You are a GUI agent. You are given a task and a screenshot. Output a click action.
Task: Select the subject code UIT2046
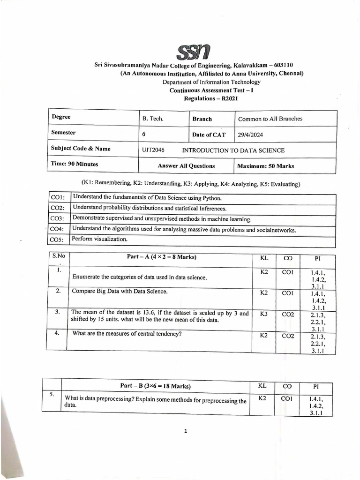click(153, 150)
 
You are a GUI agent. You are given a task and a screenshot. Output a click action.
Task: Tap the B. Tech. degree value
click(153, 119)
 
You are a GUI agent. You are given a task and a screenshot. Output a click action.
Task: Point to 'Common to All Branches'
click(270, 119)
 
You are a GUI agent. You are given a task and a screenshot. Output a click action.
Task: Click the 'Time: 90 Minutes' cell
click(75, 164)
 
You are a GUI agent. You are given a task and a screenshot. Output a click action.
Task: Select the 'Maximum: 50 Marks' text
click(266, 166)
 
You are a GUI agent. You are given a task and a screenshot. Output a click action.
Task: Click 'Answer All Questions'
click(186, 166)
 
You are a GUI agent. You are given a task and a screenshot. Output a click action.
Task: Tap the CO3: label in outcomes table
click(57, 219)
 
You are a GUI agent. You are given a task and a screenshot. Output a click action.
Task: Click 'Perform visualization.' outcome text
click(100, 239)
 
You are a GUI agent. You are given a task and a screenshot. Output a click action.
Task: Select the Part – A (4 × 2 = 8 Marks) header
click(161, 257)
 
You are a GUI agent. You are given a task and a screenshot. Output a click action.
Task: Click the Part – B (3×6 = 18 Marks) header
click(155, 386)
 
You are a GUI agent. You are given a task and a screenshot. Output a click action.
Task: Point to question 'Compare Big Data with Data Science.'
click(120, 291)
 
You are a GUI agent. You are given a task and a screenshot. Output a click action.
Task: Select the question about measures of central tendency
click(127, 334)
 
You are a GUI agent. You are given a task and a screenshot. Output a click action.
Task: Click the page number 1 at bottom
click(186, 431)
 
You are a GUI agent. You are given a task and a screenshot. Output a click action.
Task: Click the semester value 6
click(144, 134)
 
